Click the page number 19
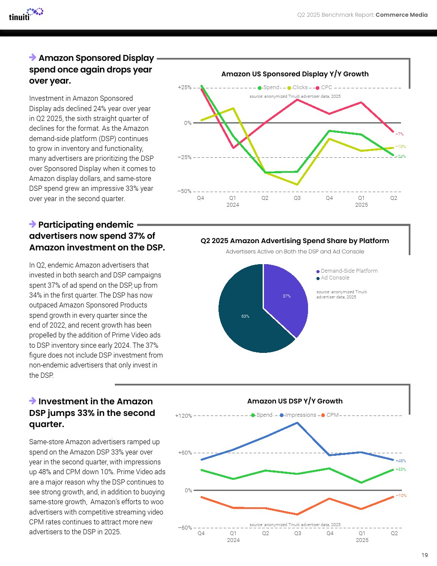424,555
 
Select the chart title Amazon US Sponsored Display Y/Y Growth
295,74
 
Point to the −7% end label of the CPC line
399,134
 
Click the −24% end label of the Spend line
401,157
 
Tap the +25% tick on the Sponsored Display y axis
185,87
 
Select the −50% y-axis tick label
185,191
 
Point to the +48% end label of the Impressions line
401,461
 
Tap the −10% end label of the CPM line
401,496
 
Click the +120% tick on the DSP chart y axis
183,416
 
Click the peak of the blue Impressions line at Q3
297,423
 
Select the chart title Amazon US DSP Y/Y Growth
295,401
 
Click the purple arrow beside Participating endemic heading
33,224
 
